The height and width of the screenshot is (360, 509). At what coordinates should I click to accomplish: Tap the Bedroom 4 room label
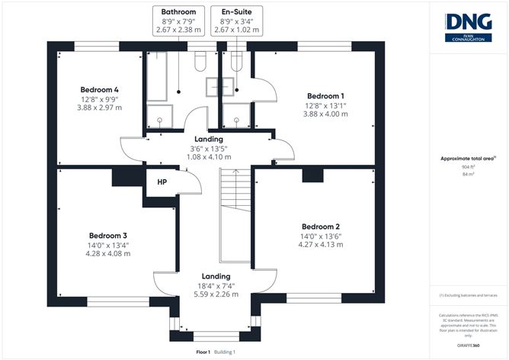[x=99, y=90]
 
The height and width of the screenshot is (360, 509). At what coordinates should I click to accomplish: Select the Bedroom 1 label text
[x=327, y=97]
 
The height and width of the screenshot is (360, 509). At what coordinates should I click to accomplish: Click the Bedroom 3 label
[x=107, y=235]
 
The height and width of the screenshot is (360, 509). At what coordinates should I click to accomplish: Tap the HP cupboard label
[x=162, y=182]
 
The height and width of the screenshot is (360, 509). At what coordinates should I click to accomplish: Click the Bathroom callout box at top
[x=178, y=19]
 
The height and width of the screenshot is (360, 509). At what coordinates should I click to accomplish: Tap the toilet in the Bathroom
[x=200, y=61]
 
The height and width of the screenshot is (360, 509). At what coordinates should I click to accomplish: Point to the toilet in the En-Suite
[x=235, y=61]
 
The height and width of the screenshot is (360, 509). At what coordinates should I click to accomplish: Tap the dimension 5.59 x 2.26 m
[x=216, y=294]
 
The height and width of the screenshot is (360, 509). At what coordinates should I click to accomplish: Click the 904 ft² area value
[x=469, y=166]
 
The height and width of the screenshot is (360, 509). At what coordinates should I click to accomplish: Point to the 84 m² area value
[x=469, y=175]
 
